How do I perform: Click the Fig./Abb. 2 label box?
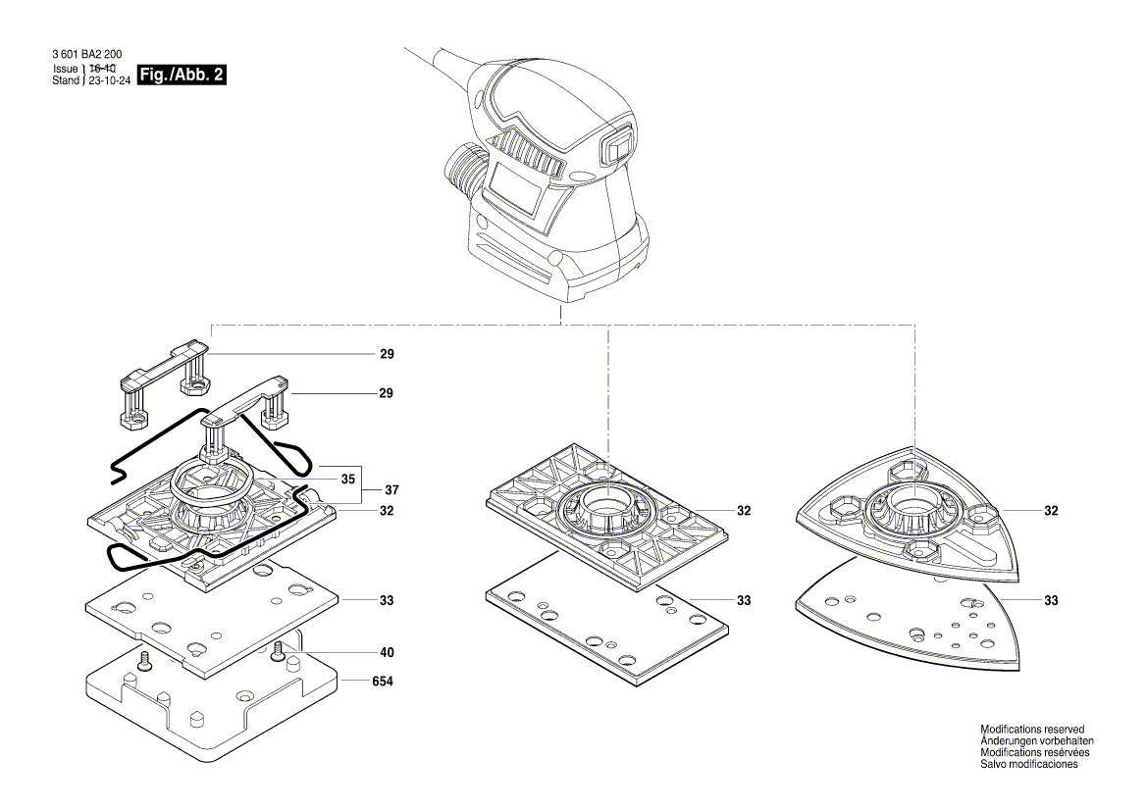coord(182,75)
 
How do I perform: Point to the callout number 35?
coord(346,481)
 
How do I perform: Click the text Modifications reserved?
coord(1032,730)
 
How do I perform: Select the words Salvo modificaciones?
coord(1028,765)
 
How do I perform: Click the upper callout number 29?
coord(386,353)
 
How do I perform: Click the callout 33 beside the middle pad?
coord(744,600)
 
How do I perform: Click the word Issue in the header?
coord(65,70)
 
